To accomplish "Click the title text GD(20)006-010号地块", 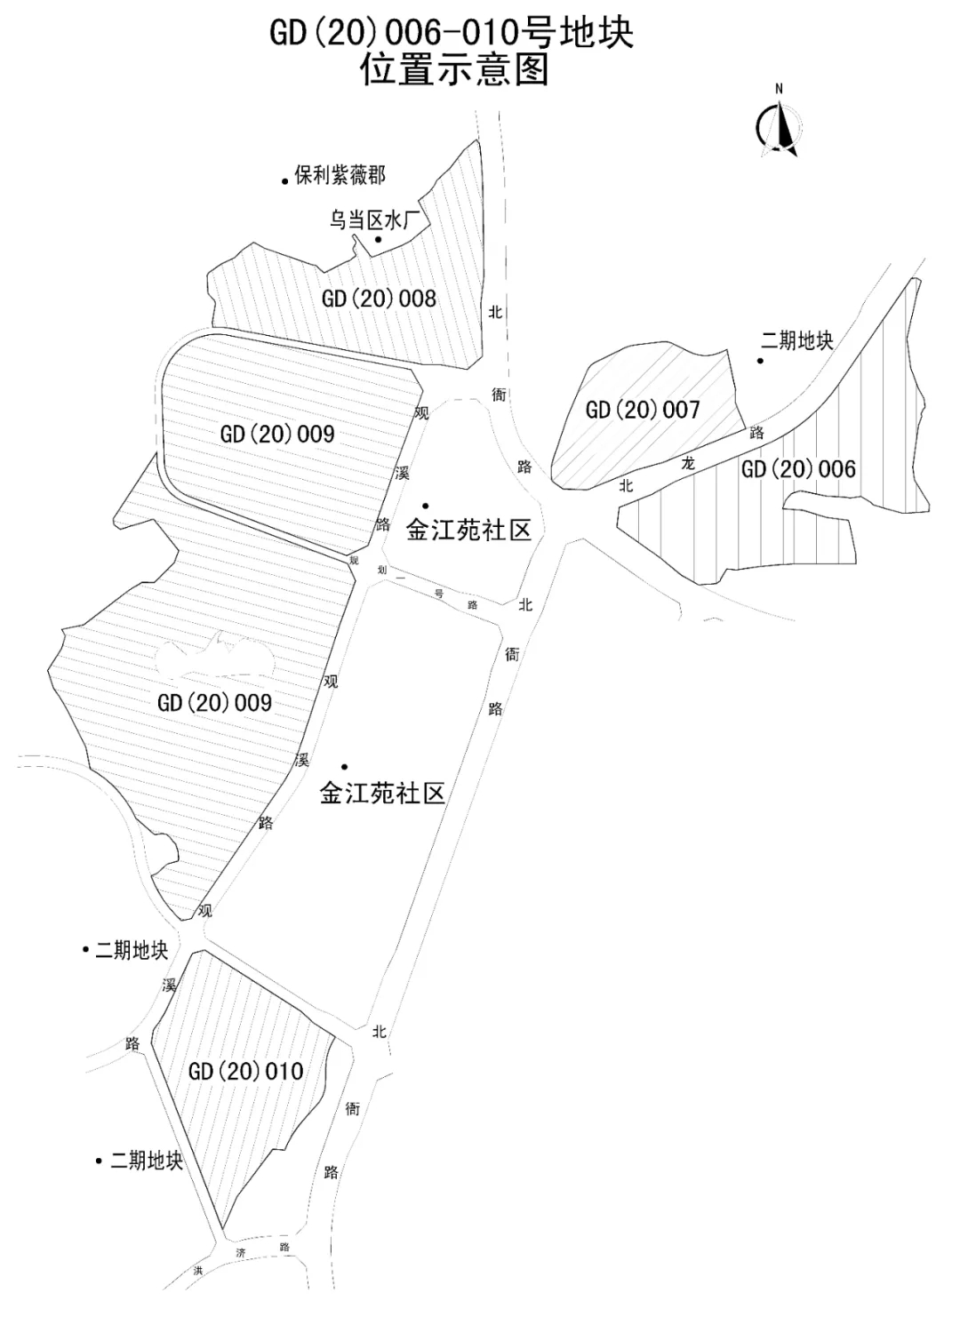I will [452, 34].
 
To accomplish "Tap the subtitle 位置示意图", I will [454, 69].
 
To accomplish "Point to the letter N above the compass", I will [779, 88].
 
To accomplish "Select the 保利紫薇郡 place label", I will [340, 175].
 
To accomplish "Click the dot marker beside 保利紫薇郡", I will [284, 179].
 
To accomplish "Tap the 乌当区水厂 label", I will [373, 219].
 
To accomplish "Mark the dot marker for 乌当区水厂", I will [378, 239].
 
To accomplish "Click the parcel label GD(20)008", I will [379, 298].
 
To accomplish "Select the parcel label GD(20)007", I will [643, 410].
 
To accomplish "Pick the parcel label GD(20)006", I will [798, 468].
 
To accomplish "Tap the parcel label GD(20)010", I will [245, 1071].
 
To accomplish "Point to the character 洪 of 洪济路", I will [198, 1271].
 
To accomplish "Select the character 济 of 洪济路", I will [240, 1253].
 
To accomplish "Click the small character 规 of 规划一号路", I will [354, 560].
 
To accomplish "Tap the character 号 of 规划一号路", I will [438, 593].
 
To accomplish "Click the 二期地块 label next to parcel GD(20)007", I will [797, 340].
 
